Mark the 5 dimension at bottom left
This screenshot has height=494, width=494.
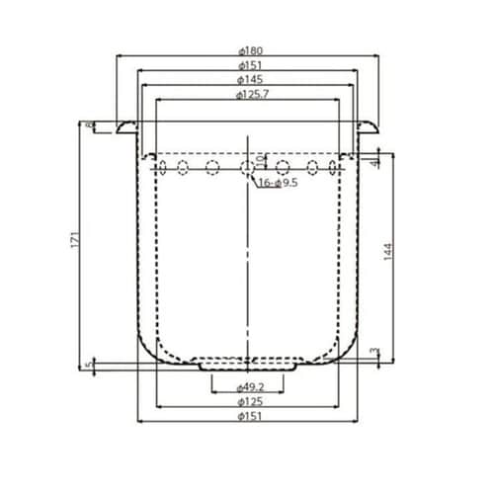click(x=90, y=366)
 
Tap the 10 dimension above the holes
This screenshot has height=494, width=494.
click(x=260, y=159)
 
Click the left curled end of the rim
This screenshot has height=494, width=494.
click(x=121, y=127)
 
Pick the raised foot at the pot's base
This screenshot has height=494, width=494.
click(x=247, y=364)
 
